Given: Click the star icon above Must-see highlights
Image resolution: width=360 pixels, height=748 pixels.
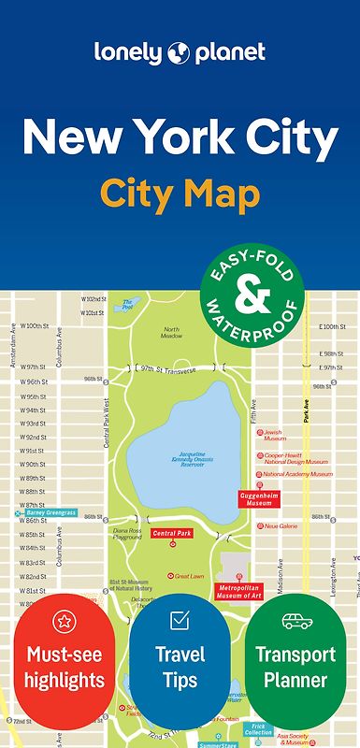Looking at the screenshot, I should pyautogui.click(x=64, y=620).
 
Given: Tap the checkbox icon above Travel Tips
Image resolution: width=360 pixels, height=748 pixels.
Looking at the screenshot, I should pyautogui.click(x=180, y=620).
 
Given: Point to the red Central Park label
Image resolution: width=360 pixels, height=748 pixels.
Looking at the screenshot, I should pyautogui.click(x=171, y=533).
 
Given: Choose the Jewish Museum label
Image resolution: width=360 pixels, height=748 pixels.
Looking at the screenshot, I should pyautogui.click(x=272, y=435).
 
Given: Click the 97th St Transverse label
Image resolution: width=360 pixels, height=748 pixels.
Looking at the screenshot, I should pyautogui.click(x=167, y=370).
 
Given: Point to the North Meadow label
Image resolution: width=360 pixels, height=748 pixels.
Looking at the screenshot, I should pyautogui.click(x=172, y=333).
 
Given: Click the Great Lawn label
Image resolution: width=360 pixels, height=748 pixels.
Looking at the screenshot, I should pyautogui.click(x=188, y=576).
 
